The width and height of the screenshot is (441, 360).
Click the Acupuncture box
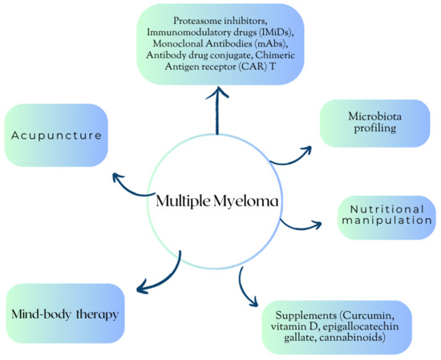point(57,136)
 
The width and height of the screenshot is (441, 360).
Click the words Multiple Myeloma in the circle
point(216,201)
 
